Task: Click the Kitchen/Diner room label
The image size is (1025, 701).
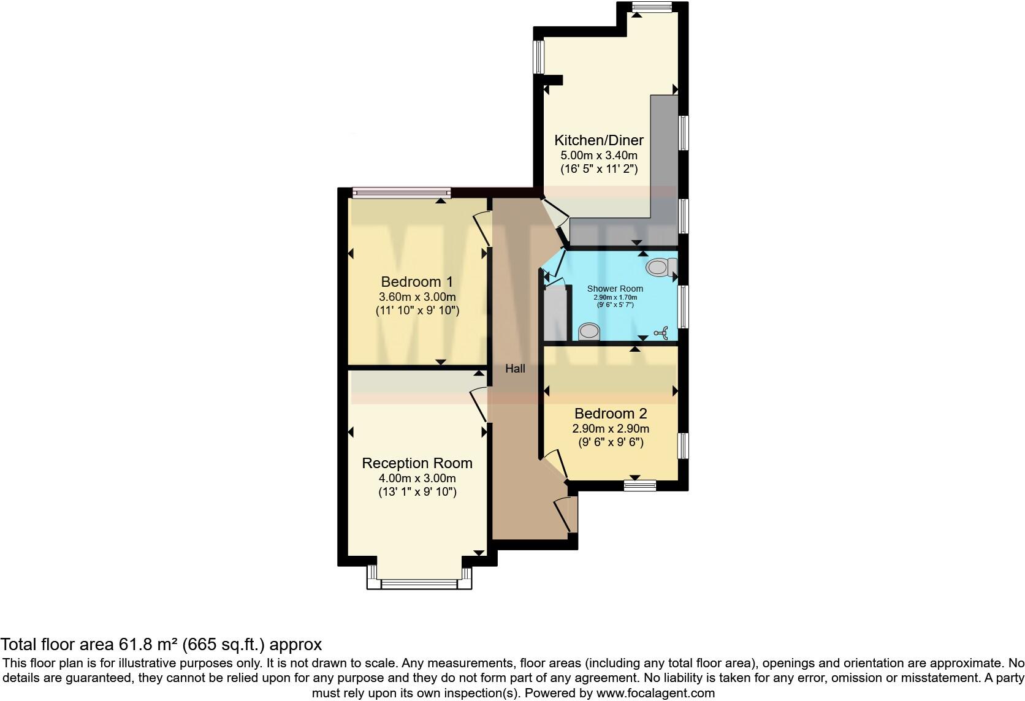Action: click(599, 140)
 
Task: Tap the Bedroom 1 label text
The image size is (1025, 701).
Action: click(417, 282)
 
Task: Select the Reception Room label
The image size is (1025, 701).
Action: click(417, 463)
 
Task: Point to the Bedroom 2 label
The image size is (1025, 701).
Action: click(611, 414)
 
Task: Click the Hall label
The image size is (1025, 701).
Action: click(515, 369)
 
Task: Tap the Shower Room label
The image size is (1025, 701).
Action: click(615, 289)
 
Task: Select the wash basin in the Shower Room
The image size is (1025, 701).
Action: click(589, 332)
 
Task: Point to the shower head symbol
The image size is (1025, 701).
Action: click(661, 333)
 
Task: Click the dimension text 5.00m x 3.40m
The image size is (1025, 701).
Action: click(599, 156)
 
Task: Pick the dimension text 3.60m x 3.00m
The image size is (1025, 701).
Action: click(417, 297)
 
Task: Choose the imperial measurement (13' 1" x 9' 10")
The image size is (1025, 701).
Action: click(417, 492)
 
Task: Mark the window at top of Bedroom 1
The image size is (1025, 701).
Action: click(402, 194)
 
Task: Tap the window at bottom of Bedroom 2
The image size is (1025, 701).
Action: click(640, 485)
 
